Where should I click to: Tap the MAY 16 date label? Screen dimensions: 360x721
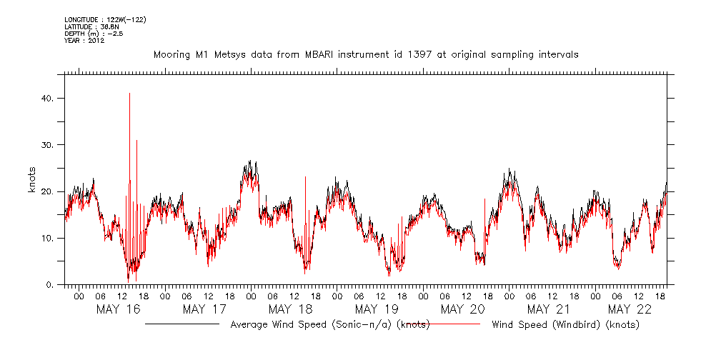tap(118, 309)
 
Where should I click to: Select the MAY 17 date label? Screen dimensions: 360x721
tap(204, 309)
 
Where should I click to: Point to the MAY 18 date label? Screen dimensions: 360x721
tap(290, 309)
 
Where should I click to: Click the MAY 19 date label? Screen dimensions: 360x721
tap(376, 309)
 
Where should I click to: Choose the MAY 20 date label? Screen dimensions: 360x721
tap(462, 309)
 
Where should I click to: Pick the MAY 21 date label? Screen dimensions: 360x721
tap(548, 309)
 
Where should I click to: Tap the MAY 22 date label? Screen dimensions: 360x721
tap(630, 309)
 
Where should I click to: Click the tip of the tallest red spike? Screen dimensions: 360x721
tap(129, 93)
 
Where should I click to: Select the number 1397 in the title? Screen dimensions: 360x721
tap(417, 54)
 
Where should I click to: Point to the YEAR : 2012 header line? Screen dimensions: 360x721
tap(84, 41)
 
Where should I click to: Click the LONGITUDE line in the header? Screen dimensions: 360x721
tap(105, 19)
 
